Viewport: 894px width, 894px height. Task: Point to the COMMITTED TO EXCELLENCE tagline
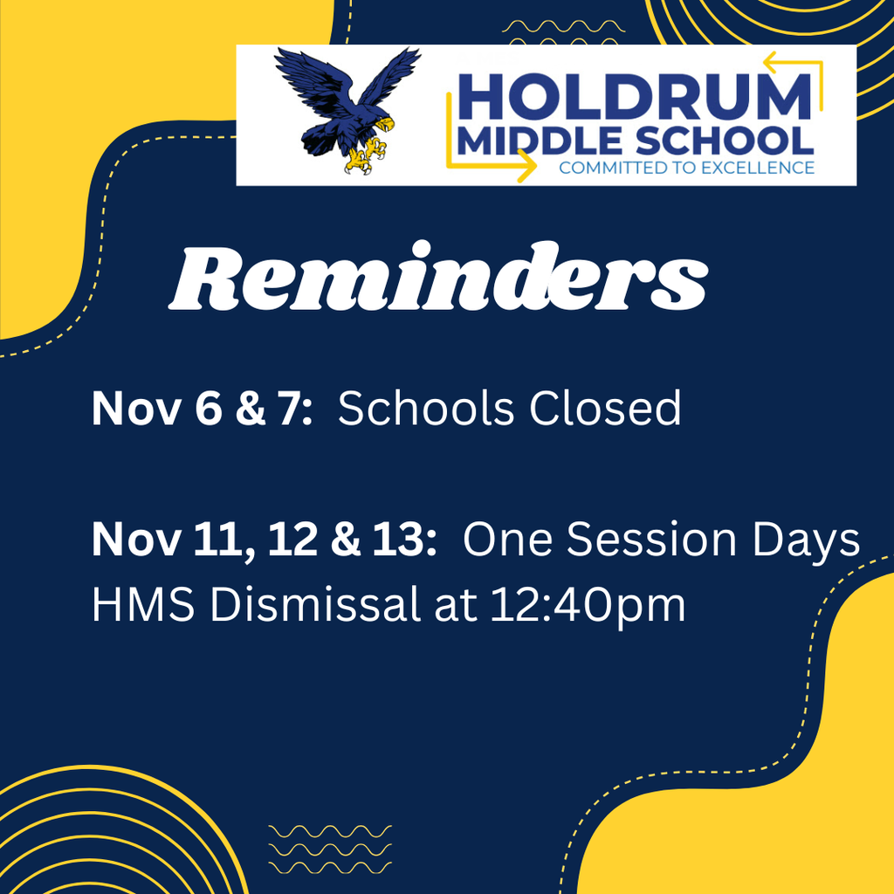[x=686, y=168]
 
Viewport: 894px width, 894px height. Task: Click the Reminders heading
[x=438, y=278]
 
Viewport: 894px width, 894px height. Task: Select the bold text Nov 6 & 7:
[x=203, y=409]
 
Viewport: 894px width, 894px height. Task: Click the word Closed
[x=605, y=409]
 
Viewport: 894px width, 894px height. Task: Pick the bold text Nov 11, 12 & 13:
[x=265, y=539]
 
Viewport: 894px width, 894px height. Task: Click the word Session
[x=651, y=539]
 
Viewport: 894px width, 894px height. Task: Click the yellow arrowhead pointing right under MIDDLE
[x=526, y=166]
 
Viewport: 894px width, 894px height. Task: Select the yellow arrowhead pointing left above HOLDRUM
[x=774, y=62]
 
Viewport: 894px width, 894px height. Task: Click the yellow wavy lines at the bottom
[x=330, y=849]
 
